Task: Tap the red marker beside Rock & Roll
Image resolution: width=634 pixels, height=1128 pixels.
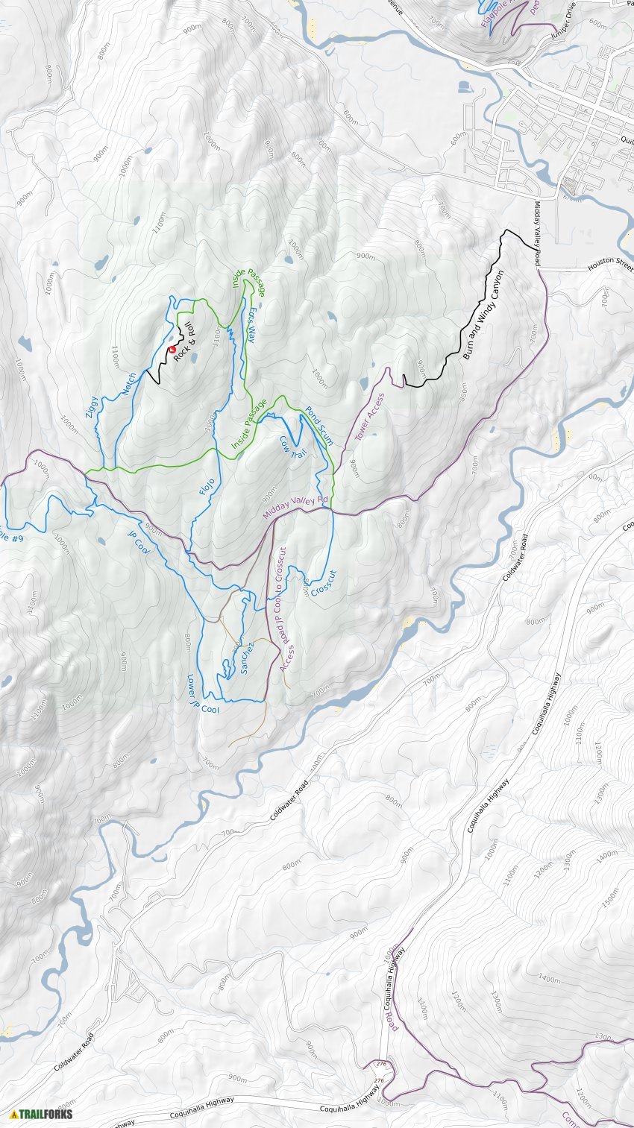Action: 172,349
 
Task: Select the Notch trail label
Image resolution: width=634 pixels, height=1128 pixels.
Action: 130,384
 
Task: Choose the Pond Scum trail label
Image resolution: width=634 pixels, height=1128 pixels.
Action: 319,426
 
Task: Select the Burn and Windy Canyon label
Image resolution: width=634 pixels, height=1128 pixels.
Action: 483,315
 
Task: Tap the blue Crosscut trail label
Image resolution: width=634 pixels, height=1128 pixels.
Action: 323,583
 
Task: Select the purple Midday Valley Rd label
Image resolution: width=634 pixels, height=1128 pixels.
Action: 295,508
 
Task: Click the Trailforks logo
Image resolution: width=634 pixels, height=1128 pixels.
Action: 41,1114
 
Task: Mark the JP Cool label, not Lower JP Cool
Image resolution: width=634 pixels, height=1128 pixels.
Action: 139,543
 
